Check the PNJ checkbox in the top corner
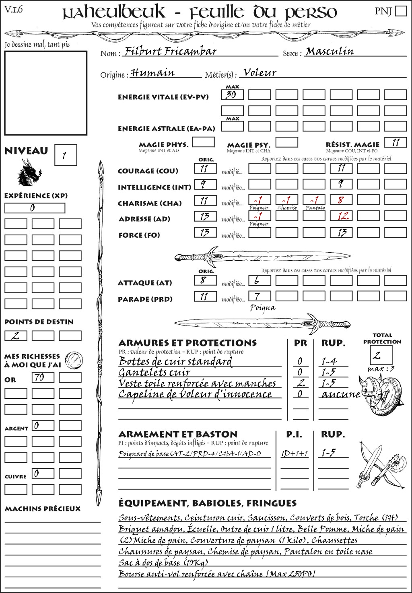tap(401, 11)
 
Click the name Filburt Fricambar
tap(171, 51)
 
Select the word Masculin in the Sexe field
tap(330, 51)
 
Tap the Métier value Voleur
tap(260, 73)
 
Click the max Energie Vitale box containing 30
tap(232, 95)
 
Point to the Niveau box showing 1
tap(65, 155)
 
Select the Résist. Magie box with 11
tap(396, 142)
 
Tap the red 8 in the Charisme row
tap(341, 200)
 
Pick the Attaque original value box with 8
tap(205, 280)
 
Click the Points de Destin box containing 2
tap(16, 336)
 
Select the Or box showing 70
tap(43, 377)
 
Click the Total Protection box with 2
tap(380, 355)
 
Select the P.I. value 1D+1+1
tap(295, 454)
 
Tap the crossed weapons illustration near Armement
tap(380, 465)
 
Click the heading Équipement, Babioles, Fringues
tap(207, 503)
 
